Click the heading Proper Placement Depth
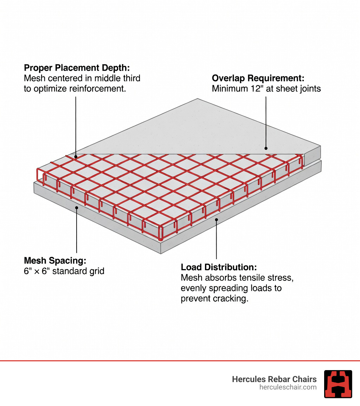pyautogui.click(x=77, y=68)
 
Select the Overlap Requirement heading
pyautogui.click(x=258, y=78)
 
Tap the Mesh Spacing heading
pyautogui.click(x=55, y=261)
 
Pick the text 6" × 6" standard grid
pyautogui.click(x=64, y=271)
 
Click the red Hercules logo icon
pyautogui.click(x=338, y=384)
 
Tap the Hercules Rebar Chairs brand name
pyautogui.click(x=274, y=379)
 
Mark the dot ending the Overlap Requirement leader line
pyautogui.click(x=266, y=148)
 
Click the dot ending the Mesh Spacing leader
pyautogui.click(x=77, y=208)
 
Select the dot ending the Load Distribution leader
pyautogui.click(x=217, y=220)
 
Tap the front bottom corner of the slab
pyautogui.click(x=161, y=253)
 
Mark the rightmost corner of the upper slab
pyautogui.click(x=321, y=146)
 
